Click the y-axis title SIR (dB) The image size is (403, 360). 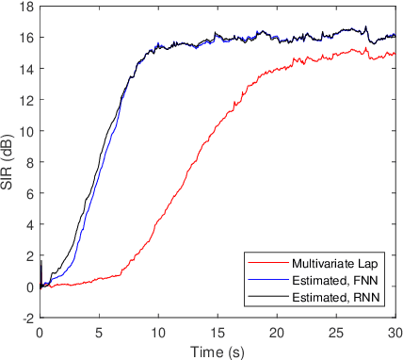click(9, 162)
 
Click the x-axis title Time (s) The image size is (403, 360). click(218, 350)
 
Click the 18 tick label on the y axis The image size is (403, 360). click(27, 7)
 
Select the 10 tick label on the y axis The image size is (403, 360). click(27, 131)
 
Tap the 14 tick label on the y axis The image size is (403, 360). click(27, 69)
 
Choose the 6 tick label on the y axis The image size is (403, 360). click(30, 193)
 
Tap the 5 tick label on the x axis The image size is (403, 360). click(99, 333)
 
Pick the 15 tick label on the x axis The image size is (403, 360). click(218, 333)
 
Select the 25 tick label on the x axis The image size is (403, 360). click(336, 333)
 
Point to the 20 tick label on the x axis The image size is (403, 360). click(277, 333)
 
